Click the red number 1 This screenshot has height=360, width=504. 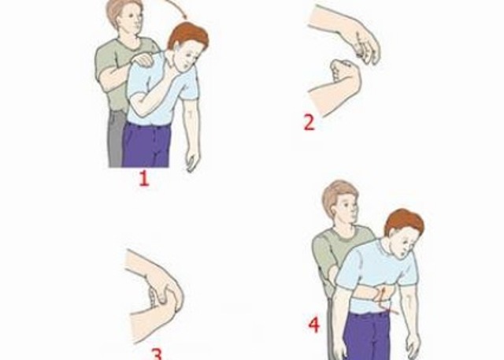click(x=144, y=179)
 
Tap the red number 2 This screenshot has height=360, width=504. click(x=309, y=123)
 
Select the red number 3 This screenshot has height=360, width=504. click(x=157, y=354)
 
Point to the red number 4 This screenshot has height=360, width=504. click(x=314, y=325)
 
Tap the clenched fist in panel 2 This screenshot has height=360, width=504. click(x=345, y=76)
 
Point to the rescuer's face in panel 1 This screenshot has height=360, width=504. click(x=132, y=20)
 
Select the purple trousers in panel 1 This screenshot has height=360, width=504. click(x=146, y=145)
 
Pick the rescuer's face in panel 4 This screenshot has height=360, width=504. click(x=348, y=209)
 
